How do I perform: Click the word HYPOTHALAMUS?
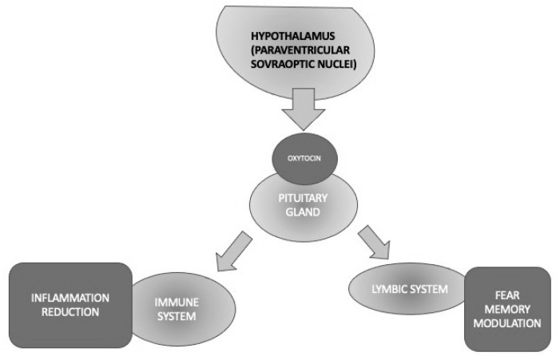coord(289,38)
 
